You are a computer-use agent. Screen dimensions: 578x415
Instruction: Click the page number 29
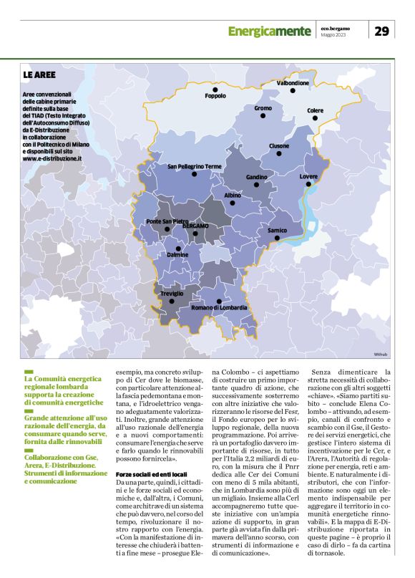point(381,31)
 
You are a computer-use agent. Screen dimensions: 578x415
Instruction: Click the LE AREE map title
point(41,74)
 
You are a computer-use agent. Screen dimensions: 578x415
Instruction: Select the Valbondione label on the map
point(293,83)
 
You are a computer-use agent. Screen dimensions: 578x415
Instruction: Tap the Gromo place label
point(263,108)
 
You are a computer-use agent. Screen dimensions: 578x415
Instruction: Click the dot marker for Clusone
point(279,154)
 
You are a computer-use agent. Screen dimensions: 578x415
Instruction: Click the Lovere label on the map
point(308,176)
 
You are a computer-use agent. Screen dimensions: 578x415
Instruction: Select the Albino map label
point(233,195)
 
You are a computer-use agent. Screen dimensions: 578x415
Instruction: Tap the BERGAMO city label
point(195,226)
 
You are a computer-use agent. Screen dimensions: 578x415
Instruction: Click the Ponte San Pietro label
point(167,221)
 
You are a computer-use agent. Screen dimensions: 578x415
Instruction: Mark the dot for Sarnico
point(278,239)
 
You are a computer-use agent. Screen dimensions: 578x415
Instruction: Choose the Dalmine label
point(177,255)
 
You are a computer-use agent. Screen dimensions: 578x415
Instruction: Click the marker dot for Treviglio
point(172,302)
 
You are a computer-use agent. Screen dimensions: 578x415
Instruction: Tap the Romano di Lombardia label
point(219,307)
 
